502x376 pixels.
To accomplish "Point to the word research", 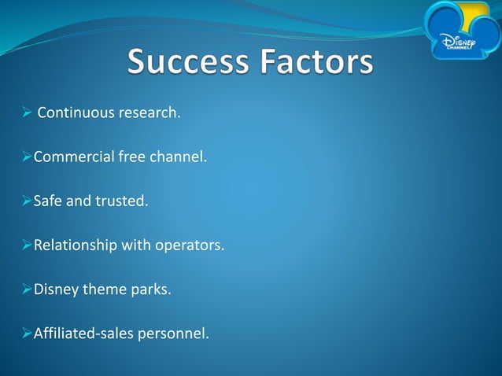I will [x=149, y=112].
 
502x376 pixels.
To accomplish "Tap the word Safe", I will [x=47, y=201].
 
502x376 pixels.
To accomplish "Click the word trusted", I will [x=121, y=201].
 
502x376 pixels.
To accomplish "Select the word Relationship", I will [x=76, y=245].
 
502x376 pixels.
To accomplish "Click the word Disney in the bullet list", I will [x=55, y=289].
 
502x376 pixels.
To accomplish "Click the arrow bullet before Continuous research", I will [x=26, y=112].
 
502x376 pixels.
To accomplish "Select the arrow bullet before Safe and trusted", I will [x=26, y=201].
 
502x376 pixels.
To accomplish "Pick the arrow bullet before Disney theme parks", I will [x=26, y=289].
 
